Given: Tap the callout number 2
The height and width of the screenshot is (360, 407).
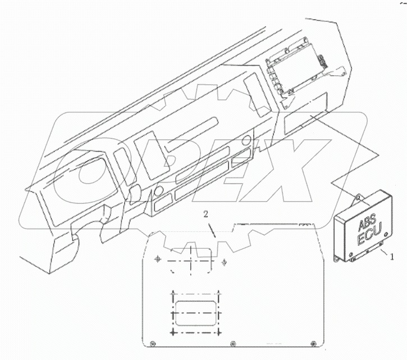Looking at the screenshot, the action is pos(206,215).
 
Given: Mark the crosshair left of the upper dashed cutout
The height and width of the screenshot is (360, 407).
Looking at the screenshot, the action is pos(158,259).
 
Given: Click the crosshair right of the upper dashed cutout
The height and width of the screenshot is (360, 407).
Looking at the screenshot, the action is pos(224,259).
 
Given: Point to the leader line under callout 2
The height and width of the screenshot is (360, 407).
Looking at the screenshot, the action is pos(212,230).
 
